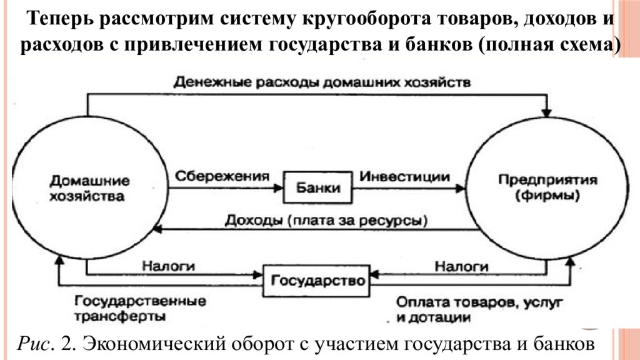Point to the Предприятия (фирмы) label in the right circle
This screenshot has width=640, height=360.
[x=547, y=187]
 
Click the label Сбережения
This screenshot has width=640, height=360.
[x=222, y=176]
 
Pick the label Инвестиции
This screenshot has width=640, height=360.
[x=404, y=176]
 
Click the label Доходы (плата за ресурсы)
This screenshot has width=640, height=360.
[x=326, y=221]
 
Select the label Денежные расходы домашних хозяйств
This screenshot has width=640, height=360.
[x=322, y=82]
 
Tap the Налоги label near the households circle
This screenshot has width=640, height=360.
[x=169, y=266]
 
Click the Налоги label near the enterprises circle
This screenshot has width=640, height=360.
[x=462, y=266]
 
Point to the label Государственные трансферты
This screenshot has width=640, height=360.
[x=140, y=309]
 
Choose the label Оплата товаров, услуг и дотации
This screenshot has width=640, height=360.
[x=479, y=310]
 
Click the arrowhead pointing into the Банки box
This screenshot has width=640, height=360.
[x=278, y=187]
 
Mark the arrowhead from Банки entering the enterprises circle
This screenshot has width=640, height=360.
[x=461, y=188]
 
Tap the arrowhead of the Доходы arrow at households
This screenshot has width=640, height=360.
[x=157, y=229]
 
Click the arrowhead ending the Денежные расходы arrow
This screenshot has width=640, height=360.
[x=546, y=112]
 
